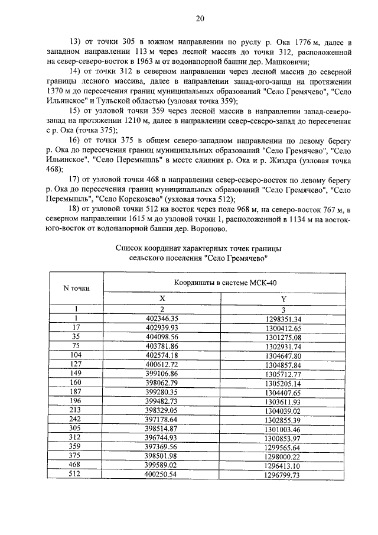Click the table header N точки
click(x=76, y=288)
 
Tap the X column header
click(x=162, y=299)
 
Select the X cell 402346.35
click(x=162, y=318)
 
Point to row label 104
click(x=76, y=355)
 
